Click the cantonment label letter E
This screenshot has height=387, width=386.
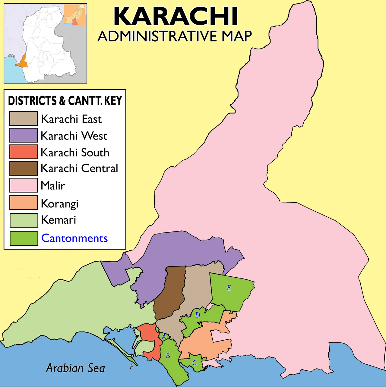[229, 288]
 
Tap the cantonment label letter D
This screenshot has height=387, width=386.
[198, 315]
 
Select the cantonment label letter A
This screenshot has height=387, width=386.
[164, 337]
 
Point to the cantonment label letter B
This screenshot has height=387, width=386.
[168, 356]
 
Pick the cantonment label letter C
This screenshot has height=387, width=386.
[195, 363]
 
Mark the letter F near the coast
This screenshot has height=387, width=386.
[131, 367]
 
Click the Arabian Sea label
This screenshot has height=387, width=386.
[75, 368]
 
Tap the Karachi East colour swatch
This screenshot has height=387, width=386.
[23, 118]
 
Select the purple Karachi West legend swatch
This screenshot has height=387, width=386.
[23, 135]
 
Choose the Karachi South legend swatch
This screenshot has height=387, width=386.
[23, 152]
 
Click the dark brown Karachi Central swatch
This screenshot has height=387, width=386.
[23, 168]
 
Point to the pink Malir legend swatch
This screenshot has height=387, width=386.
[23, 185]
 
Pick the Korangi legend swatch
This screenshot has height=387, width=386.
[23, 203]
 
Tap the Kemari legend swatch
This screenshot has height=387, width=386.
[24, 220]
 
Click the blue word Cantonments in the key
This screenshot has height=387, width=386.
[74, 238]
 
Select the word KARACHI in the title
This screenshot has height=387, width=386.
[176, 17]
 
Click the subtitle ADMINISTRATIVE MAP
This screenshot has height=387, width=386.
[175, 36]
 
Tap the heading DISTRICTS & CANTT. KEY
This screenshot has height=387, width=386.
[65, 101]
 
